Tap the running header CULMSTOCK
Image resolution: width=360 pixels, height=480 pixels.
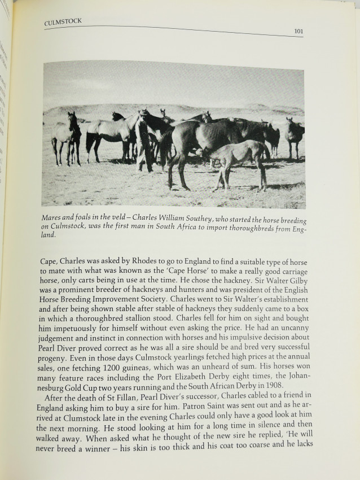[63, 21]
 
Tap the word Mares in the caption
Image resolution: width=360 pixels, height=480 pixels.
[54, 217]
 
